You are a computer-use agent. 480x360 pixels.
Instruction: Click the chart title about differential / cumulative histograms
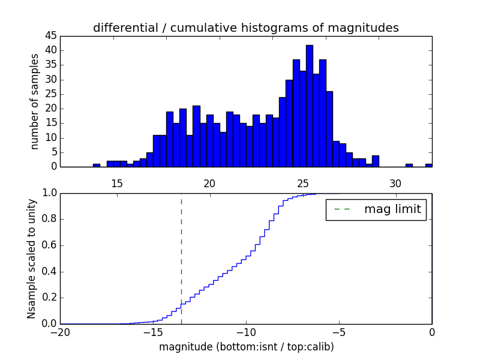[245, 28]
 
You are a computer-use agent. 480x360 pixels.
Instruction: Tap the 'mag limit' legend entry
[376, 209]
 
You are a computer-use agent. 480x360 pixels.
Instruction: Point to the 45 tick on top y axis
[51, 35]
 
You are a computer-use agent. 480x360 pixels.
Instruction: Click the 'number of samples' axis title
[35, 101]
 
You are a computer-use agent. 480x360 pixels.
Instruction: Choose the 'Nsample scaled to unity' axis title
[32, 259]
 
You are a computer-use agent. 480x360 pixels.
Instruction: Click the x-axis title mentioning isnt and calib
[246, 347]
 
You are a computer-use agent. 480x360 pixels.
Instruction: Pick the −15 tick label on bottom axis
[153, 332]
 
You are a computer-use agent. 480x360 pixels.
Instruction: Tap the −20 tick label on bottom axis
[61, 332]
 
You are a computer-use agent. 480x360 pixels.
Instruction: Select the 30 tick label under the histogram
[395, 182]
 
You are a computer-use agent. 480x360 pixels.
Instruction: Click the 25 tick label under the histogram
[302, 182]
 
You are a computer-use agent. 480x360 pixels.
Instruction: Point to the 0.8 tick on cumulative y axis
[50, 219]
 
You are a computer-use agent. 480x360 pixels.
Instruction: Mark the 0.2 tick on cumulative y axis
[50, 298]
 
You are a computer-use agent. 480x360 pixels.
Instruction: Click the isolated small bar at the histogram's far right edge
[428, 165]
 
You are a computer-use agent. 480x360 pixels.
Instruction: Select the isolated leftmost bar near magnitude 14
[96, 165]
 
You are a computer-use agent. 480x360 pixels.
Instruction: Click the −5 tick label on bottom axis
[339, 332]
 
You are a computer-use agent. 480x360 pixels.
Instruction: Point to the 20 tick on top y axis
[51, 109]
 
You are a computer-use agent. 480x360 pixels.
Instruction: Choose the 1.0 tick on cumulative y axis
[50, 193]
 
